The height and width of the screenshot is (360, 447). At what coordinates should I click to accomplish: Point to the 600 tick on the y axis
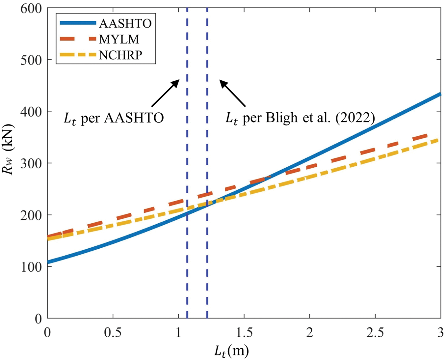[x=31, y=8]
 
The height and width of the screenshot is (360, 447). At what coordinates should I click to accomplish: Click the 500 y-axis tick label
[x=31, y=60]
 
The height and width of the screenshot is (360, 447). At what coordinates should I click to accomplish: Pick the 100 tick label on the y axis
[x=31, y=267]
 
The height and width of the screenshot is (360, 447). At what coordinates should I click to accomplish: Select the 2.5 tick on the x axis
[x=375, y=333]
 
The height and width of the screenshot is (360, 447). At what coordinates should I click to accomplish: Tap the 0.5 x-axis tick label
[x=113, y=333]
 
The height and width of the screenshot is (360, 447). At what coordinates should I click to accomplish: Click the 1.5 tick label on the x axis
[x=244, y=333]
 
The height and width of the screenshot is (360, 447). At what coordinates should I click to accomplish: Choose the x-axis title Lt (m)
[x=231, y=351]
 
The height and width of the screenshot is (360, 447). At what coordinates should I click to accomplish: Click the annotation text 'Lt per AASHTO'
[x=114, y=118]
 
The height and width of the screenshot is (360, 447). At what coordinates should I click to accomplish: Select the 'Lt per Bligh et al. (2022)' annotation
[x=300, y=118]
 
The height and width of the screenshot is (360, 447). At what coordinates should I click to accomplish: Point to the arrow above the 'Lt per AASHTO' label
[x=165, y=93]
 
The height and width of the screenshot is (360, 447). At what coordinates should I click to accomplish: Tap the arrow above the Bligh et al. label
[x=233, y=94]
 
